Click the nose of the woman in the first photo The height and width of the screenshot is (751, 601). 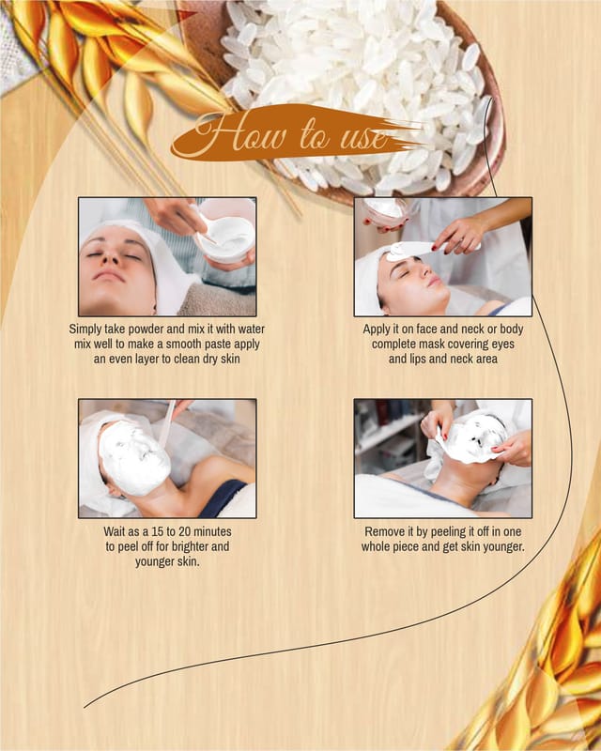[114, 259]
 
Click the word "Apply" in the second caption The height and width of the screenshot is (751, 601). [377, 330]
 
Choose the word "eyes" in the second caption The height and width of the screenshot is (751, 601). [501, 345]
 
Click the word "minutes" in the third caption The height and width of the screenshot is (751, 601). [210, 531]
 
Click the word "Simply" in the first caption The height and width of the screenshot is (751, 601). [85, 330]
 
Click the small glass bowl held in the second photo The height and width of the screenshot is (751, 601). [386, 211]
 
